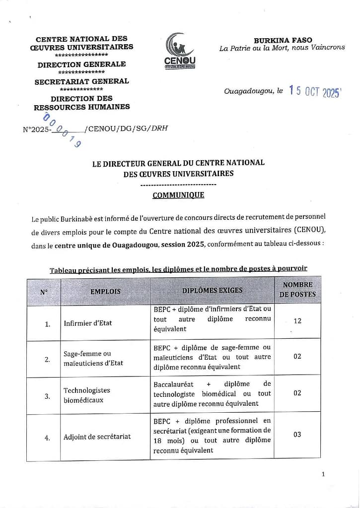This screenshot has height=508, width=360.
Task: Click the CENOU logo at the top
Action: pyautogui.click(x=180, y=51)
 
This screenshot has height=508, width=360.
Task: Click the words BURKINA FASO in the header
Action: pyautogui.click(x=283, y=40)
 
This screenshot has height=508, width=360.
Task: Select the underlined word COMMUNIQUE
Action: pyautogui.click(x=178, y=195)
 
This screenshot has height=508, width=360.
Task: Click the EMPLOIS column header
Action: pyautogui.click(x=105, y=291)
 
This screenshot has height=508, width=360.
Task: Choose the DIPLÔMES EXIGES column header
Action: pyautogui.click(x=212, y=290)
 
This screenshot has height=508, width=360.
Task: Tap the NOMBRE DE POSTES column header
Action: pyautogui.click(x=297, y=290)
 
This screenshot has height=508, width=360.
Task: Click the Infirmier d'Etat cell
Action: pyautogui.click(x=88, y=323)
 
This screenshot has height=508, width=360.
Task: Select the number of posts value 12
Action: pyautogui.click(x=297, y=320)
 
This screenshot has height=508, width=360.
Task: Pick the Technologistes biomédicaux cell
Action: pyautogui.click(x=87, y=395)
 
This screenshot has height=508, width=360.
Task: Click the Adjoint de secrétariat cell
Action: pyautogui.click(x=97, y=437)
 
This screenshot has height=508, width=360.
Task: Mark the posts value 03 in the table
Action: pyautogui.click(x=297, y=434)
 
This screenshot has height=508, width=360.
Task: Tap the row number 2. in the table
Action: pyautogui.click(x=47, y=360)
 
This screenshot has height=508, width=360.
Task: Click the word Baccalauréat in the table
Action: pyautogui.click(x=175, y=384)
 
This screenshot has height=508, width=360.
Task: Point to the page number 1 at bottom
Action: pyautogui.click(x=323, y=474)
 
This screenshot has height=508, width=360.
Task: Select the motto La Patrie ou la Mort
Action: pyautogui.click(x=258, y=48)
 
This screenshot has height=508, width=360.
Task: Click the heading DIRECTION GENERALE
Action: pyautogui.click(x=81, y=64)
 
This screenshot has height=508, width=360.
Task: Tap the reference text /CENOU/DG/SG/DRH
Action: pyautogui.click(x=126, y=128)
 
